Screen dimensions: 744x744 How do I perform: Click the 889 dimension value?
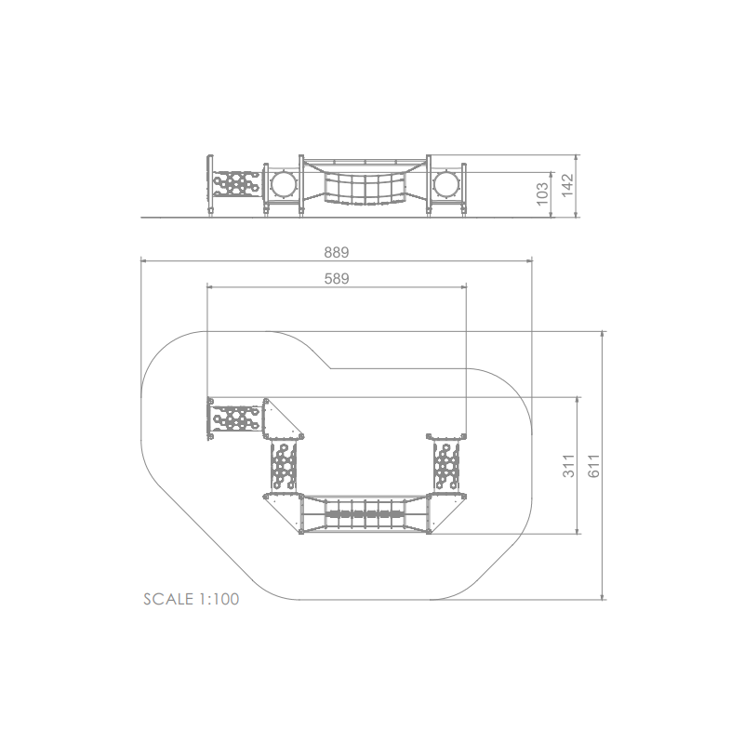[337, 252]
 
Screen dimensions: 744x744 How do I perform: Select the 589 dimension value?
[337, 278]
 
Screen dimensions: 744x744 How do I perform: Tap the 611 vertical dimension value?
[594, 466]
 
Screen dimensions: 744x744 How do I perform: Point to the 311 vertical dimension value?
[568, 466]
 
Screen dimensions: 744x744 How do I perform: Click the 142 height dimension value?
[567, 185]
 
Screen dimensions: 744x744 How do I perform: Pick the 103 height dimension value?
[542, 194]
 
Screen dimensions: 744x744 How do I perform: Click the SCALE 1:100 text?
[192, 599]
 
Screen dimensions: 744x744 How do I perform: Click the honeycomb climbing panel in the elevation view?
[236, 183]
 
